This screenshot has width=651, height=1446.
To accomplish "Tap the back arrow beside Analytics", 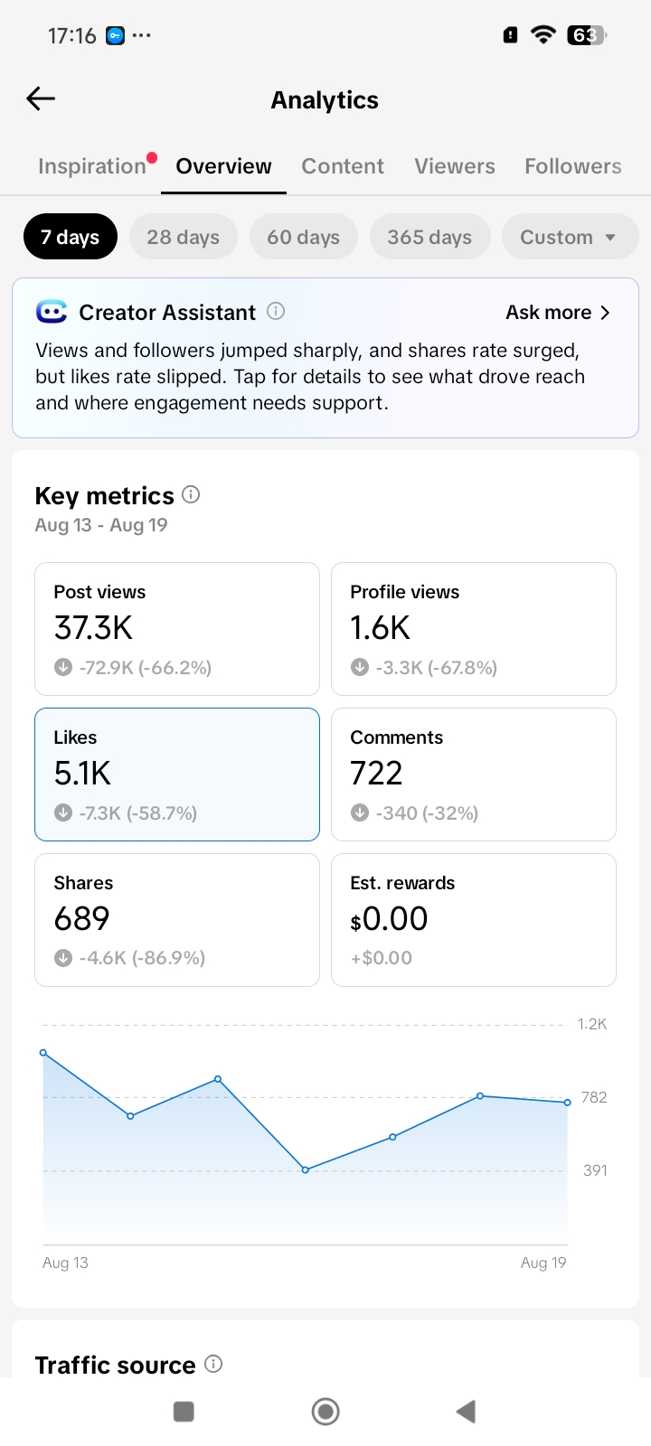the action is pos(41,99).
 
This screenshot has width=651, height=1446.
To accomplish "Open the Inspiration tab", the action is pos(91,166).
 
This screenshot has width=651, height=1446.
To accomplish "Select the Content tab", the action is pos(343,166).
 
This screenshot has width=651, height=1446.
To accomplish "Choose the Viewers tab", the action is pos(455,166).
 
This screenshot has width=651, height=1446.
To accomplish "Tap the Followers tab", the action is pos(573,166).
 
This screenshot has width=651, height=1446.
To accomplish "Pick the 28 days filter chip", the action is pos(183,237).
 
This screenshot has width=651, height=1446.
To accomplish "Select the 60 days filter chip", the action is pos(304,237).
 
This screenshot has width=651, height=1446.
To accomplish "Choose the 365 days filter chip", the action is pos(429,237).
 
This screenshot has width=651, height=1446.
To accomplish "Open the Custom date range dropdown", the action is pos(570,237).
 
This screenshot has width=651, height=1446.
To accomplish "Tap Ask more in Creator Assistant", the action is pos(557,313).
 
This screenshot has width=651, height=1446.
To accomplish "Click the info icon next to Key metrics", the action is pos(191,495).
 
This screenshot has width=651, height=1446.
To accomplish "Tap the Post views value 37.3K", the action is pos(93,627).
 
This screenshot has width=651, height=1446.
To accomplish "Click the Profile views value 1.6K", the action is pos(380,627).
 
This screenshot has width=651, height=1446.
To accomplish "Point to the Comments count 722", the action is pos(376,773).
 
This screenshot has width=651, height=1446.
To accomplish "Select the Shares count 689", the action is pos(81,918).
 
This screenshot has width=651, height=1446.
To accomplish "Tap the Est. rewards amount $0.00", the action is pos(389,918).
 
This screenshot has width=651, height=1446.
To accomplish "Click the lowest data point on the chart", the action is pos(306,1169).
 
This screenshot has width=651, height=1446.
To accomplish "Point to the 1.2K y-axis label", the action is pos(591,1024).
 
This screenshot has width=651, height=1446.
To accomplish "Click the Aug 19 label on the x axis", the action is pos(543,1263).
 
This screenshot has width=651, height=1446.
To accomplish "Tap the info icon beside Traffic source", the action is pos(213,1364).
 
